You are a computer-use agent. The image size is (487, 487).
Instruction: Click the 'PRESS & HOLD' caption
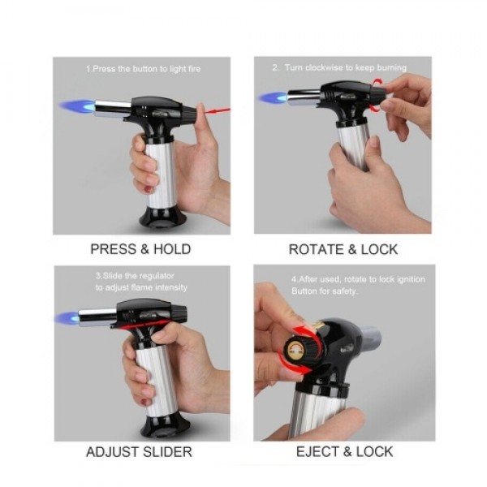(141, 249)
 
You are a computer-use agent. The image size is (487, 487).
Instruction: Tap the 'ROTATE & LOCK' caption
(343, 249)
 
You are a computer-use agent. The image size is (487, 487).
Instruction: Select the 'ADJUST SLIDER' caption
(141, 452)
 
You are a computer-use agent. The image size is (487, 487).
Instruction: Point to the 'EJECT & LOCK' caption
(343, 452)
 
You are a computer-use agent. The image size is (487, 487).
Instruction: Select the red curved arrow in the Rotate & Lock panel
(375, 93)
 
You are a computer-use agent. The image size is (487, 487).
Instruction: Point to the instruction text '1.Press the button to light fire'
(142, 69)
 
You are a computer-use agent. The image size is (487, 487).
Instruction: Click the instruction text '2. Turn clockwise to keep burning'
(339, 68)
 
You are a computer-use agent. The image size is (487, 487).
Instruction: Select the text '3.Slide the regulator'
(134, 276)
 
